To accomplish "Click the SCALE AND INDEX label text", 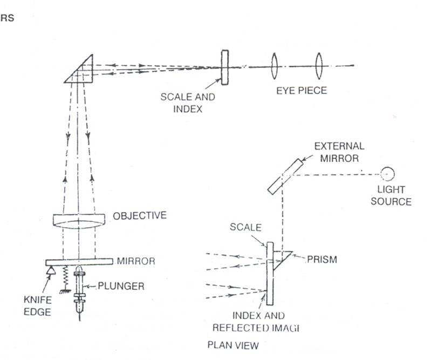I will click(x=188, y=102).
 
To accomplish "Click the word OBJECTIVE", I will click(x=140, y=215).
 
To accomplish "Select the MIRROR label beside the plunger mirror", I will click(x=136, y=261).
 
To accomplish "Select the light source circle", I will click(x=387, y=174).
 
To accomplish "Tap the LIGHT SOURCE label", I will click(x=394, y=197).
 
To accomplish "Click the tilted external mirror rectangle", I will click(x=284, y=176).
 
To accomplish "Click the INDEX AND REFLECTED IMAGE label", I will click(x=250, y=321).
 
